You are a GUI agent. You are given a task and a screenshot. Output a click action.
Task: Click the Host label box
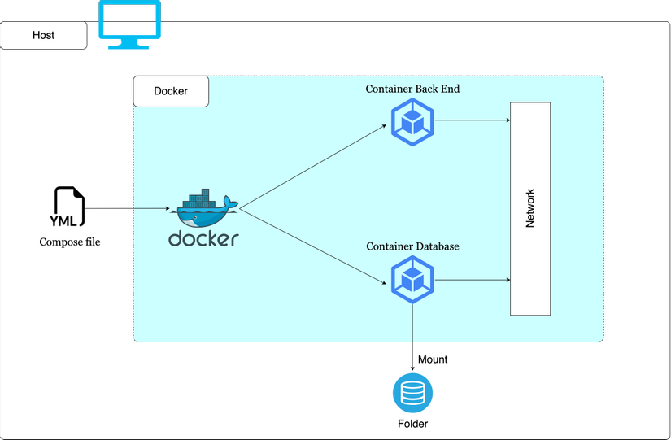(43, 35)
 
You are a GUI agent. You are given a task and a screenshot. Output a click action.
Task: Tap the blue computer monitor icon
(129, 24)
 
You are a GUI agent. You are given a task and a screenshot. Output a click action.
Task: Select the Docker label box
(171, 91)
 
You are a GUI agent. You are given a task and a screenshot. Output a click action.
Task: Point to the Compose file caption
(70, 242)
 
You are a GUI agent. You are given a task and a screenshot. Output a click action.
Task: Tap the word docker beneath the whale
(203, 239)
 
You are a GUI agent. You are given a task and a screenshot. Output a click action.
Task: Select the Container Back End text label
(412, 89)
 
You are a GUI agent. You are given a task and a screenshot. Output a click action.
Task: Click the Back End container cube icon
(412, 122)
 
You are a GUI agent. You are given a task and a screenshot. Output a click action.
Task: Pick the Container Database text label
(412, 246)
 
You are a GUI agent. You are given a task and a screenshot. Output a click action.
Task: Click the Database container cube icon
(412, 280)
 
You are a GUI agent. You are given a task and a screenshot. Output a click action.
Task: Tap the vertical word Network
(530, 208)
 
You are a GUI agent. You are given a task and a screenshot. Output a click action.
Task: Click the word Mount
(433, 359)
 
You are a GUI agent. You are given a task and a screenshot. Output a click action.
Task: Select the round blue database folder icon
(412, 393)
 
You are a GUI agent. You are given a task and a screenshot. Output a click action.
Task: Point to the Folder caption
(412, 424)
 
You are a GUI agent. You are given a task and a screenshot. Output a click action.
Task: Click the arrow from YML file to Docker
(128, 208)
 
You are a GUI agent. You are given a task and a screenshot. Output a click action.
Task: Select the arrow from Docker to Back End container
(313, 167)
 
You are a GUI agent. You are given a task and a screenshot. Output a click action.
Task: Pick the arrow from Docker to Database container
(313, 246)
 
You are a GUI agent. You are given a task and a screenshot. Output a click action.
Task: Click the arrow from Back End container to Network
(473, 120)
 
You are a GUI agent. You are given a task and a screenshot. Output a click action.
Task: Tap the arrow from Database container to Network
(473, 280)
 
